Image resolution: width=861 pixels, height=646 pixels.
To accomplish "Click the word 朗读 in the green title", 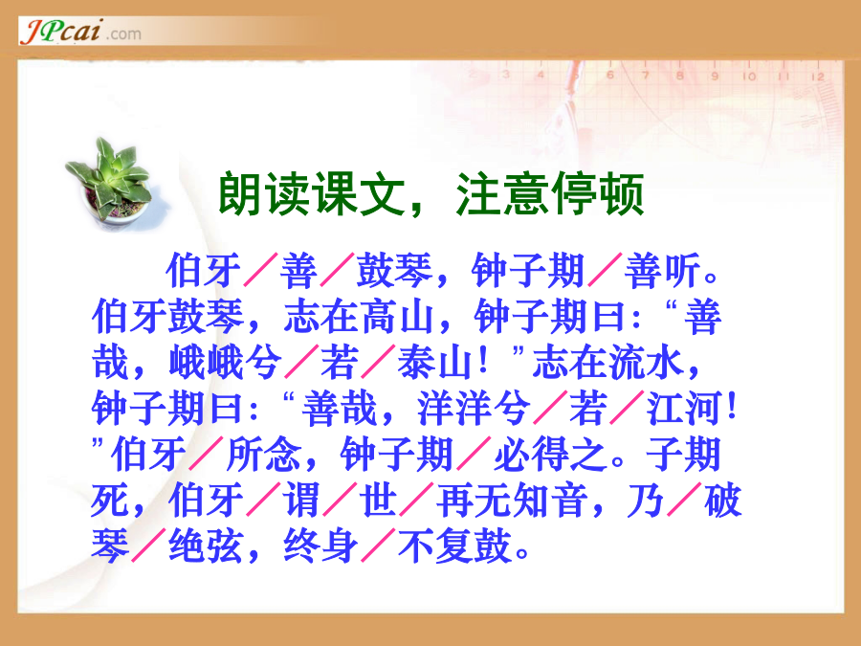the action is (x=265, y=194).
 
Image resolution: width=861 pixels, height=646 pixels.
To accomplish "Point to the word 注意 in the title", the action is (x=502, y=194).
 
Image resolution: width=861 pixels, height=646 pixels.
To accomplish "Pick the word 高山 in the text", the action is (x=398, y=317).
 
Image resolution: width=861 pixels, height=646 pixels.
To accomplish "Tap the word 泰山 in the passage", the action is (x=435, y=363).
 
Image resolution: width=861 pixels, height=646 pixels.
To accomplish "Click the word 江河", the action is (x=683, y=410).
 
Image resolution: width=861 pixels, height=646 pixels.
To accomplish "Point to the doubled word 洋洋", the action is (x=454, y=410).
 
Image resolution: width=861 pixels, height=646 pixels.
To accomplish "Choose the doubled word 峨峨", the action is (x=207, y=363).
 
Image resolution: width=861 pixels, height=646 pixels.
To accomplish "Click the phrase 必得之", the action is (x=550, y=455).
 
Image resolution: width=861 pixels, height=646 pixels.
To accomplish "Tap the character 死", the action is (x=110, y=501).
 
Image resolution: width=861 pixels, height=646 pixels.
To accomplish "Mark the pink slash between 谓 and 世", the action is (x=340, y=500).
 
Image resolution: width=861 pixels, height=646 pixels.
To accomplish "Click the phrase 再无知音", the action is (x=512, y=501).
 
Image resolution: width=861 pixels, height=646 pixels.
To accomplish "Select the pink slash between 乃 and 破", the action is (x=684, y=500).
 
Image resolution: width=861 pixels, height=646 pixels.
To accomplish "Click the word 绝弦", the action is (x=207, y=546).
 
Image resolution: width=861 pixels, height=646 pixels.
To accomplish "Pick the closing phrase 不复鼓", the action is (x=454, y=546).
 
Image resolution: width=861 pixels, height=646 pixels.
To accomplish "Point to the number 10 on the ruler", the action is (x=749, y=77).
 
